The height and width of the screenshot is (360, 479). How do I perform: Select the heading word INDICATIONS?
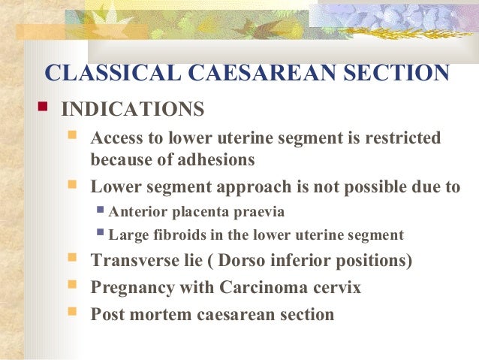coord(132,110)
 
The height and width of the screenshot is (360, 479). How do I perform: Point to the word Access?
coord(115,139)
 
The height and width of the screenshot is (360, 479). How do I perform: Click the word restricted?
coord(399,139)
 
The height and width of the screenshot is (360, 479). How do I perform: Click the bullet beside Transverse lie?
coord(73,259)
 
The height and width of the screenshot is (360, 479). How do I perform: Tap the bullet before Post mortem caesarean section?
coord(73,312)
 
